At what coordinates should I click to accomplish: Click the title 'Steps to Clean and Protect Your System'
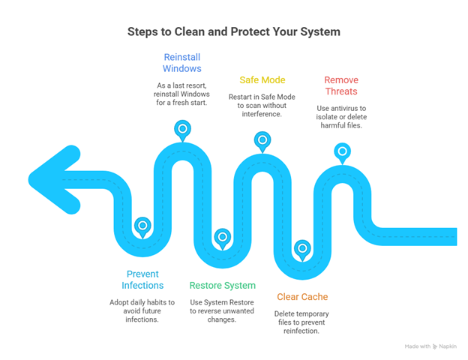point(234,31)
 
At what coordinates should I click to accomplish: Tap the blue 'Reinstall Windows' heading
point(181,63)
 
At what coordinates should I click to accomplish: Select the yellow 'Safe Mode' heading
point(262,79)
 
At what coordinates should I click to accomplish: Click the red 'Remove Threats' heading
point(341,85)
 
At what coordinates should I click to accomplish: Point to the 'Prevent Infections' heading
point(142,279)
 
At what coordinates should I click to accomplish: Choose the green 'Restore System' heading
point(222,285)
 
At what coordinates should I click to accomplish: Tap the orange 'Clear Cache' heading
point(302,296)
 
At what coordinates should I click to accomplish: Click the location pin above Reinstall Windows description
point(182,129)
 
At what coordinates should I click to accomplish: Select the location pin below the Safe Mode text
point(262,139)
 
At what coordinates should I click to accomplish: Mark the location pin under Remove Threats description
point(342,151)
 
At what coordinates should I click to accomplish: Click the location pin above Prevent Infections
point(142,225)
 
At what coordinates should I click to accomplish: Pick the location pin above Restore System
point(222,236)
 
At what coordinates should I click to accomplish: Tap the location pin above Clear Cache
point(302,247)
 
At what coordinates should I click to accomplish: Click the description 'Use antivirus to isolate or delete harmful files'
point(341,117)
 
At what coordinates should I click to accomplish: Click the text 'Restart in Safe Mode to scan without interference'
point(262,105)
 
